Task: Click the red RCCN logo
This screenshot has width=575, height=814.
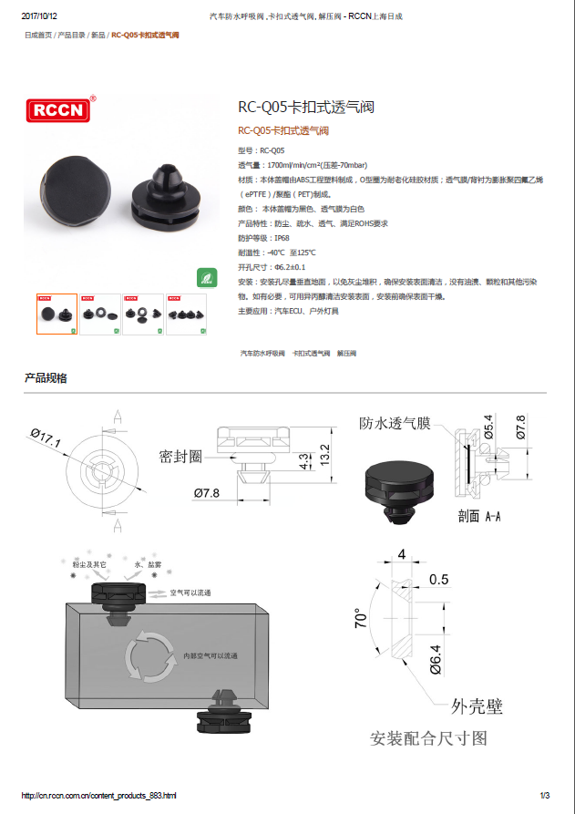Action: (60, 109)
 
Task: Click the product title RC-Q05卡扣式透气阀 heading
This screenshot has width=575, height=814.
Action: (305, 107)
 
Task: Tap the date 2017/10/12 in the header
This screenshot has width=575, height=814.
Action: (39, 16)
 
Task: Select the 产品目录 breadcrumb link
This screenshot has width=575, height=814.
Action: (71, 35)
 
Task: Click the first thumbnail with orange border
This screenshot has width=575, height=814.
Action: (56, 314)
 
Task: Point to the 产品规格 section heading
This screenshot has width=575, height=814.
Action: (46, 378)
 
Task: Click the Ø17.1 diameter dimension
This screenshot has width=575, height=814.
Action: (46, 438)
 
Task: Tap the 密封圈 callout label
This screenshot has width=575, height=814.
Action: (180, 456)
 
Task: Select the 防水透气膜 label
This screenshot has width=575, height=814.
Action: (394, 423)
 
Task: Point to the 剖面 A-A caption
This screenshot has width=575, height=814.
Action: (479, 516)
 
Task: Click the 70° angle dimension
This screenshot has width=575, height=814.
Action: (362, 620)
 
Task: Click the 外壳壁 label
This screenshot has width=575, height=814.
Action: (477, 706)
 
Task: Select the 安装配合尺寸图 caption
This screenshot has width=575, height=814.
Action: (428, 737)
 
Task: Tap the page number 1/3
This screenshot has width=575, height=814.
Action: (545, 796)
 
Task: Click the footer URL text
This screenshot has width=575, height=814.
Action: (98, 796)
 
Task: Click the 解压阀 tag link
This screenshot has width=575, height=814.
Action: (346, 352)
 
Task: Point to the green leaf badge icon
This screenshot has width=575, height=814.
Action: (207, 278)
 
